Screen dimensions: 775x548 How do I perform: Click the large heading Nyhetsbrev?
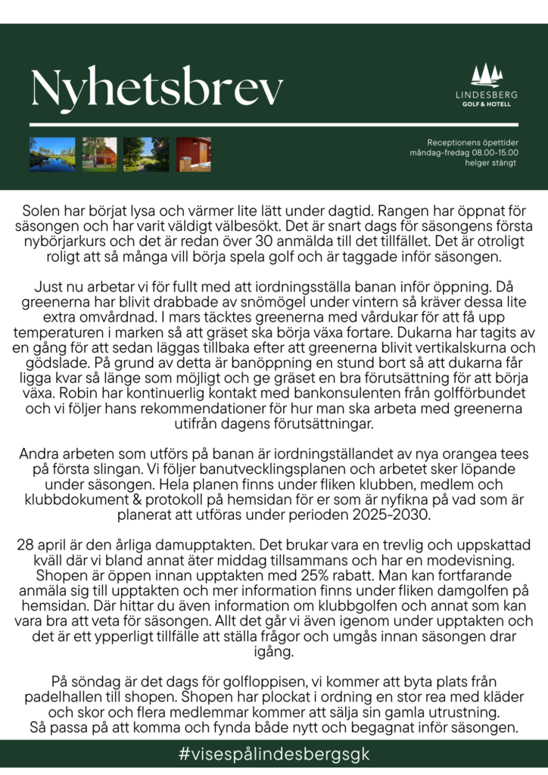(x=157, y=89)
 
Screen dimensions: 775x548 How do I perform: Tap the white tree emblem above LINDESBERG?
(x=486, y=75)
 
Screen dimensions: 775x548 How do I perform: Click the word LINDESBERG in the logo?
(x=487, y=95)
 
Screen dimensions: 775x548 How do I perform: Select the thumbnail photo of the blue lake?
(x=52, y=154)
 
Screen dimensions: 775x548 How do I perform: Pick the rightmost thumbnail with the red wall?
(x=194, y=154)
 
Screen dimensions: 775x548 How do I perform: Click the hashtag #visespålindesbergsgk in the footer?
(x=274, y=755)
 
